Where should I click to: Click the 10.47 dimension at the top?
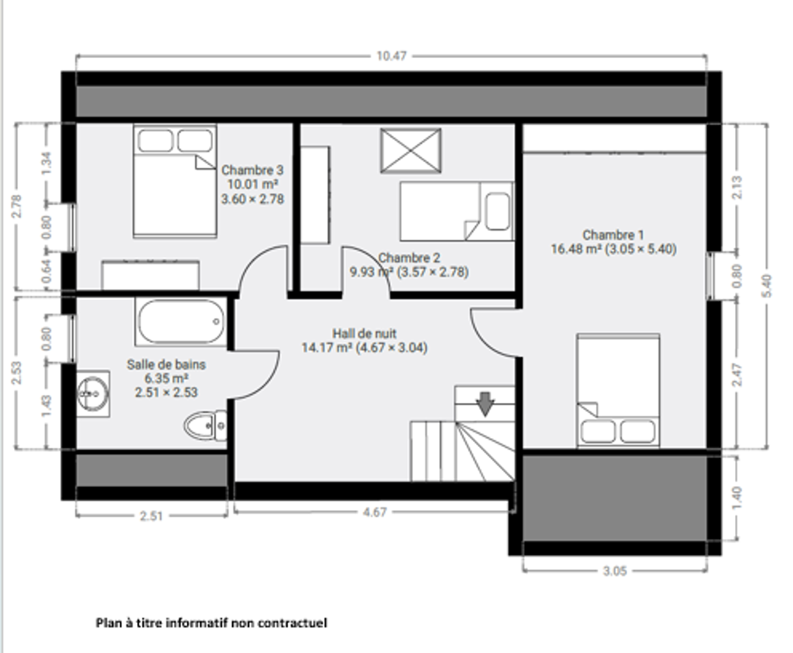pyautogui.click(x=391, y=56)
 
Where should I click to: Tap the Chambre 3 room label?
pyautogui.click(x=252, y=170)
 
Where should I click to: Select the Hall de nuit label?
pyautogui.click(x=365, y=334)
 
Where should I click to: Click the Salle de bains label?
pyautogui.click(x=166, y=364)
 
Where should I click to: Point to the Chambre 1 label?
pyautogui.click(x=613, y=235)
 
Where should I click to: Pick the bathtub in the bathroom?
pyautogui.click(x=181, y=321)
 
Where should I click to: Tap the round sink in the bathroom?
pyautogui.click(x=93, y=394)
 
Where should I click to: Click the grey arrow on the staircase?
pyautogui.click(x=485, y=404)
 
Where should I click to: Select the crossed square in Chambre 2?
pyautogui.click(x=411, y=151)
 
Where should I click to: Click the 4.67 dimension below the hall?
pyautogui.click(x=374, y=512)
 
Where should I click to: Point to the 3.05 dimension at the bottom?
pyautogui.click(x=615, y=571)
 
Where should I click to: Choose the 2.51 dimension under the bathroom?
pyautogui.click(x=151, y=516)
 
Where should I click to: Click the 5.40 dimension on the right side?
pyautogui.click(x=767, y=286)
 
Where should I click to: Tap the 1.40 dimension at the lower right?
pyautogui.click(x=737, y=499)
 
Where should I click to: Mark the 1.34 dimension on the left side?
pyautogui.click(x=46, y=163)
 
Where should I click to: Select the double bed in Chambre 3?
pyautogui.click(x=175, y=181)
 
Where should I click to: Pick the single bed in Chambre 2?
pyautogui.click(x=457, y=212)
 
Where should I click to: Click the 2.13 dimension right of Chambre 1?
pyautogui.click(x=737, y=187)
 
